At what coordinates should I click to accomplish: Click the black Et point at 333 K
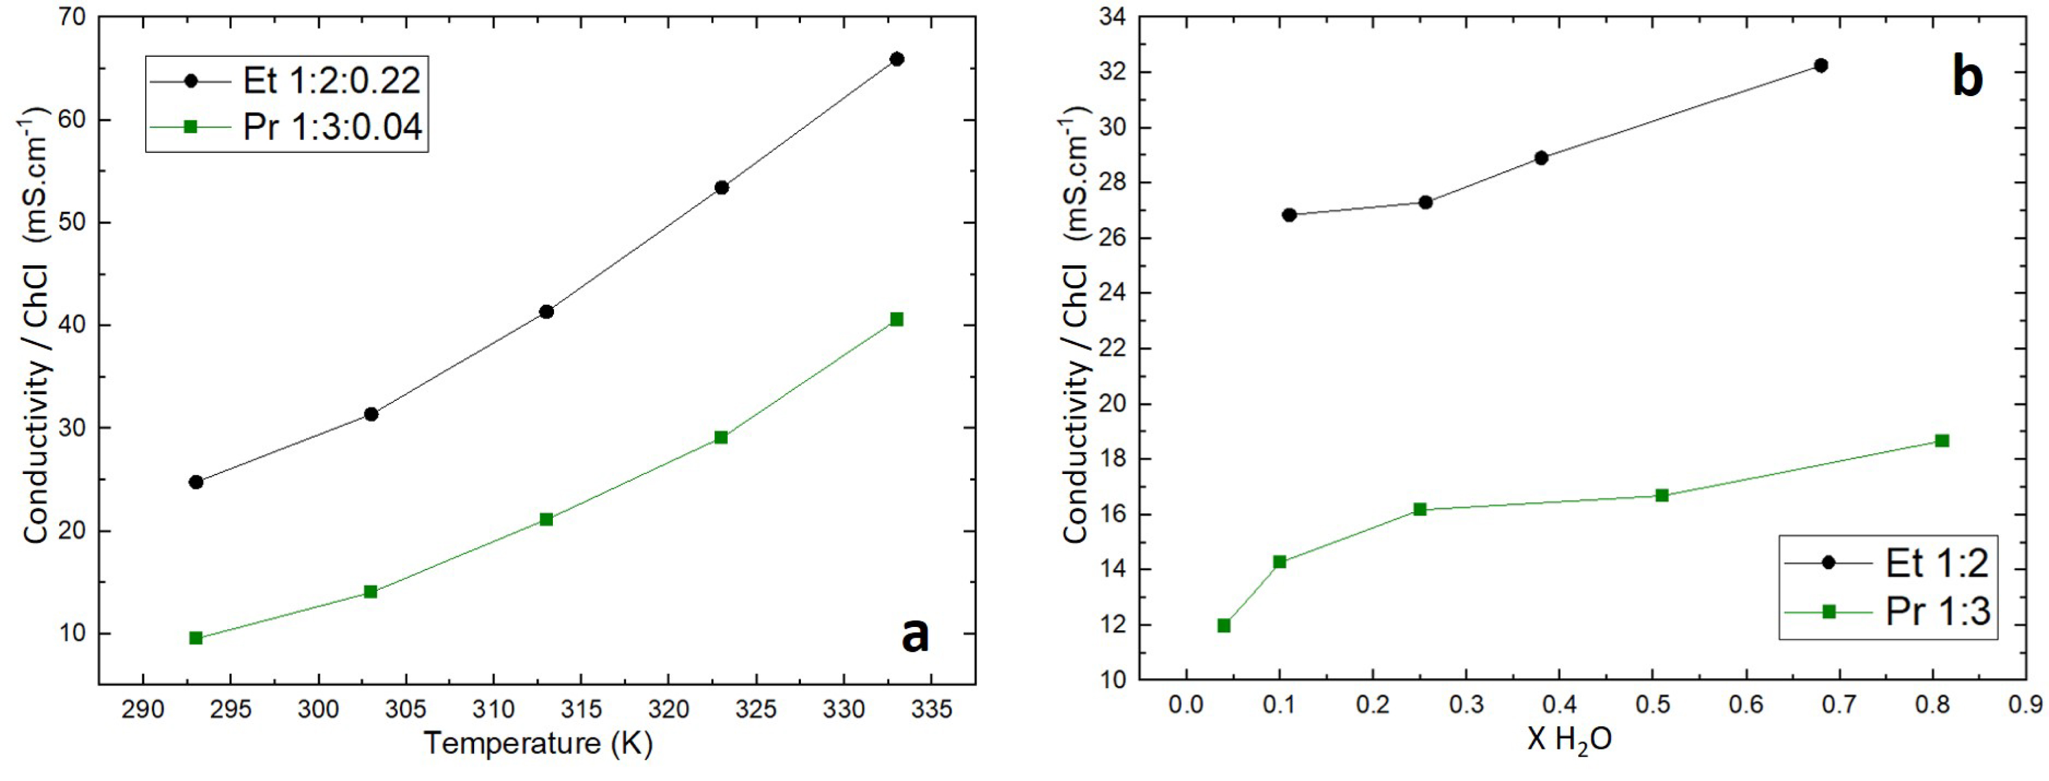897,59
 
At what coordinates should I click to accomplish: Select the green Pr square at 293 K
196,638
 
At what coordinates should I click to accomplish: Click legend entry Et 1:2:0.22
331,80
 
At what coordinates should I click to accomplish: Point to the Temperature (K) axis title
538,743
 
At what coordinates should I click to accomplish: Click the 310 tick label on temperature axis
493,708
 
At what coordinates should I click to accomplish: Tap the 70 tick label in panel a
73,17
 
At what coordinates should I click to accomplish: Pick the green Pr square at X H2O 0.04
1224,626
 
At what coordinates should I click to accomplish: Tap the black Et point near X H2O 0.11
1289,215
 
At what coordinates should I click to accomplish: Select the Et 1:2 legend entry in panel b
1937,563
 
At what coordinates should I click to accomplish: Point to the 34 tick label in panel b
1112,17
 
